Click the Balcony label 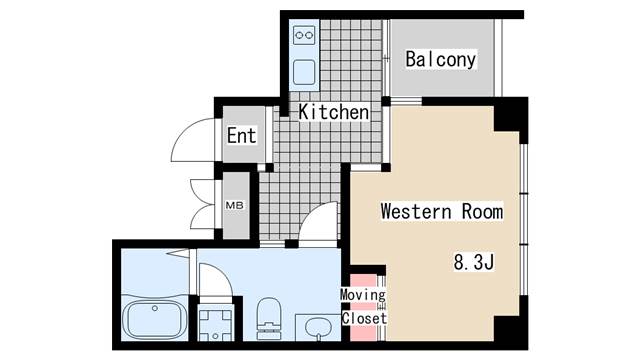[441, 58]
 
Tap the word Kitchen [334, 112]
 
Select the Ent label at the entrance [241, 135]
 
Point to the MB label [234, 206]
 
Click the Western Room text [440, 212]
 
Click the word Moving [362, 295]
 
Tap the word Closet [364, 318]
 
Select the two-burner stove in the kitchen [304, 39]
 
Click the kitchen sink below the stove [304, 73]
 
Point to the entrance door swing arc [195, 143]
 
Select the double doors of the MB [202, 205]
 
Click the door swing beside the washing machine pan [213, 280]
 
